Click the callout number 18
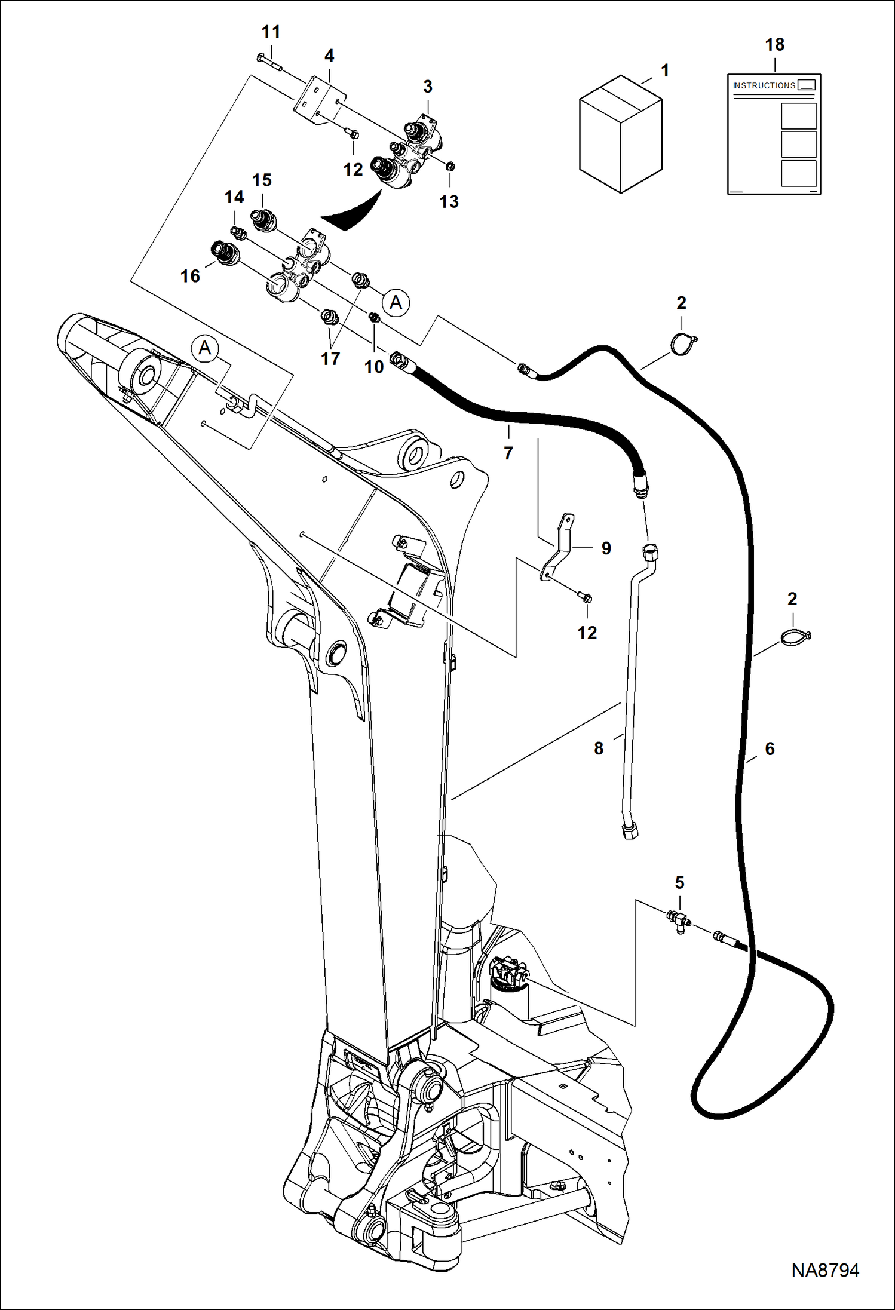coord(774,45)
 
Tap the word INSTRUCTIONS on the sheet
coord(764,85)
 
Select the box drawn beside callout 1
coord(621,134)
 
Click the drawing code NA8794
coord(825,1271)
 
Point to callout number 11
coord(271,32)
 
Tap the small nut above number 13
coord(450,165)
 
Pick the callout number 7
coord(508,453)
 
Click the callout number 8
coord(599,748)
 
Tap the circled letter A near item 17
coord(396,303)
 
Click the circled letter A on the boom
coord(205,348)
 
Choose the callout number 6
coord(770,749)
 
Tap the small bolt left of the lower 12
coord(585,597)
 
